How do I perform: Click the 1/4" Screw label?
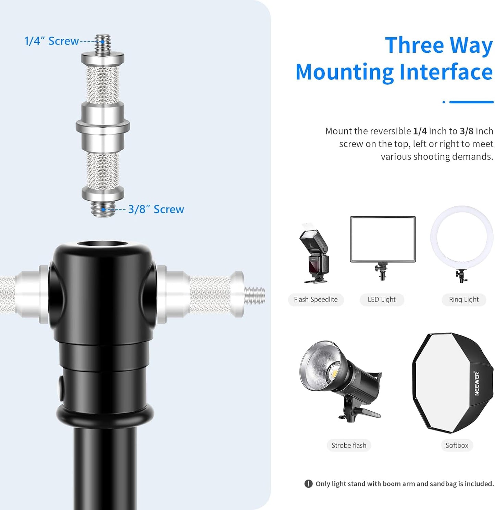[51, 41]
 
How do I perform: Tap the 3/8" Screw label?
[156, 209]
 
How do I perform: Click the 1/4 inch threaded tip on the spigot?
[103, 43]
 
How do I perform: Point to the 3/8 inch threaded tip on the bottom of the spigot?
[103, 209]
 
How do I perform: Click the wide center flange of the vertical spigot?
[103, 126]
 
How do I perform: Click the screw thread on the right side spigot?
[255, 295]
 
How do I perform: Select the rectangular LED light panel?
[383, 239]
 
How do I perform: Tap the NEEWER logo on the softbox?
[477, 384]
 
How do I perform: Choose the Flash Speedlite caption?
[315, 299]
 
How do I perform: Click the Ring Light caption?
[463, 299]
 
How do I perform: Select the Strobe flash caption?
[349, 445]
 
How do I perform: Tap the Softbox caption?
[457, 445]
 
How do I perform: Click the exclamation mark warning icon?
[308, 484]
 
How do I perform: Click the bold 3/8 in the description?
[466, 131]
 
